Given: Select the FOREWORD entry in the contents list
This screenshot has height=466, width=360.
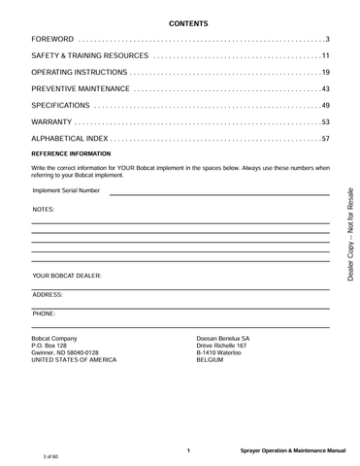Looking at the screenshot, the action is [x=53, y=38].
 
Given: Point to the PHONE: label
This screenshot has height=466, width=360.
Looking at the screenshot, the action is [x=45, y=315].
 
